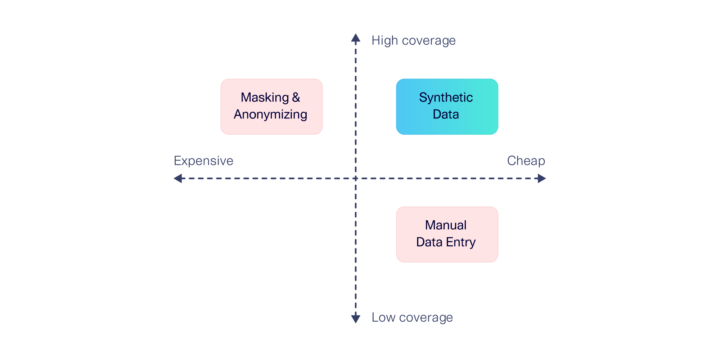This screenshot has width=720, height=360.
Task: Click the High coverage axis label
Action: [413, 41]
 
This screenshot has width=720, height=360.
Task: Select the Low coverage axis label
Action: [412, 318]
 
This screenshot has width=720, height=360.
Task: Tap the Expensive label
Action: [203, 161]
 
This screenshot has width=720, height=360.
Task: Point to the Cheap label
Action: [526, 161]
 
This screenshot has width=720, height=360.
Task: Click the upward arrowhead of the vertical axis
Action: [356, 38]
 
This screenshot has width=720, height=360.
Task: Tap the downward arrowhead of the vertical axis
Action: [356, 319]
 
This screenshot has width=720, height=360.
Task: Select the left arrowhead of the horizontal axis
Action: [178, 178]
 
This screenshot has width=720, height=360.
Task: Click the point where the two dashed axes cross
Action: [356, 178]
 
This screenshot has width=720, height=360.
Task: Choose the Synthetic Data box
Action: [447, 107]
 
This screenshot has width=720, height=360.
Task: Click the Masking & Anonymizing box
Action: [271, 107]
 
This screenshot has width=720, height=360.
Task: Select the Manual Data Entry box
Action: [447, 234]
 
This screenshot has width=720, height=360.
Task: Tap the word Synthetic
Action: [446, 98]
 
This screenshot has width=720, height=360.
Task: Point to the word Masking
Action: [265, 98]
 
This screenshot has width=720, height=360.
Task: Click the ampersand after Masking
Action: [296, 98]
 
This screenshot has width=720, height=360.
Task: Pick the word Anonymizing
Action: [270, 114]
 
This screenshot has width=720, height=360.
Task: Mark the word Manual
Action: [446, 225]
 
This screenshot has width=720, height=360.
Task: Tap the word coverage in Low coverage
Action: [426, 318]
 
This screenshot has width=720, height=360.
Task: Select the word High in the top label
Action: [384, 41]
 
